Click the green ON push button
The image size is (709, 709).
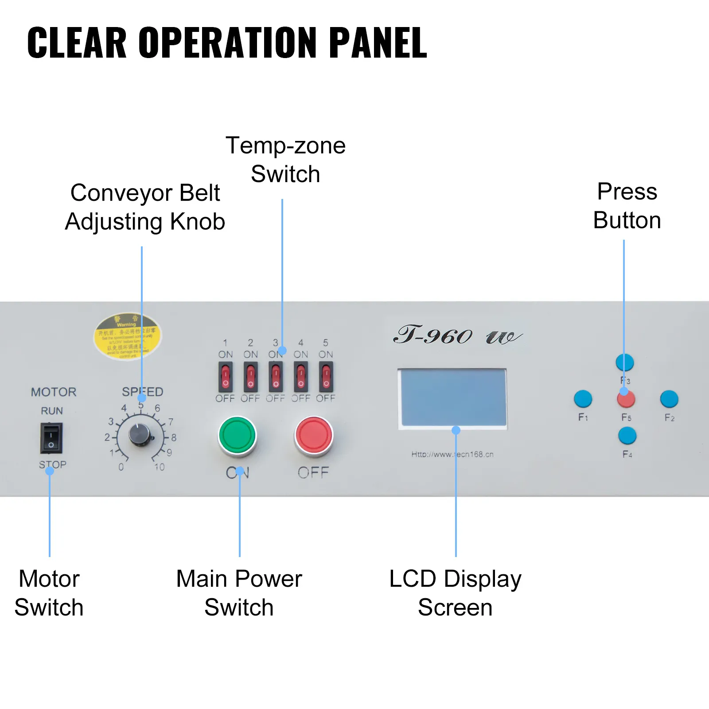tap(237, 435)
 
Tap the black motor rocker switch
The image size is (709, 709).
tap(51, 438)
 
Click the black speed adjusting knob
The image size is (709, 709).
tap(140, 435)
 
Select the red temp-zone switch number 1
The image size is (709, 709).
tap(226, 377)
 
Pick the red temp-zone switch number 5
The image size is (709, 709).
tap(326, 377)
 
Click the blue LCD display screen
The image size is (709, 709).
tap(453, 398)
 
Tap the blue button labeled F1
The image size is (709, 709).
tap(583, 399)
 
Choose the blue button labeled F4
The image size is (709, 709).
tap(627, 436)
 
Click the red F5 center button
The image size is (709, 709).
tap(626, 399)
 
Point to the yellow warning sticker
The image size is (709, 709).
tap(127, 337)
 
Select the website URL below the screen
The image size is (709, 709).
tap(452, 454)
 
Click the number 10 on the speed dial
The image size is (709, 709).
tap(160, 467)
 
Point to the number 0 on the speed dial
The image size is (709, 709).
tap(121, 467)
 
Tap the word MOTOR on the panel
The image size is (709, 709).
tap(54, 392)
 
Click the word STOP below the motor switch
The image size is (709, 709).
tap(53, 464)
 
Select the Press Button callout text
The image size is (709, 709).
tap(627, 206)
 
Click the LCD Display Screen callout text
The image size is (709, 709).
tap(456, 593)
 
